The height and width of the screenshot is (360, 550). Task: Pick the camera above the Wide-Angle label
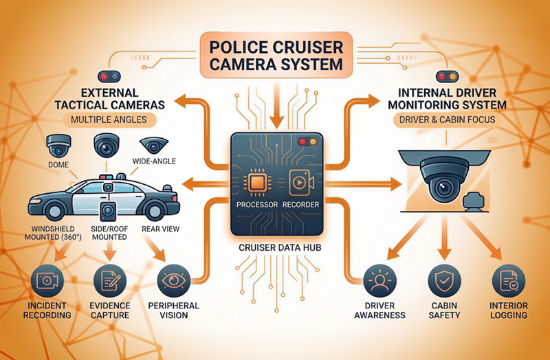coord(152,145)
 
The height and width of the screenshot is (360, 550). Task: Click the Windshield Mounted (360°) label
coord(45,234)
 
